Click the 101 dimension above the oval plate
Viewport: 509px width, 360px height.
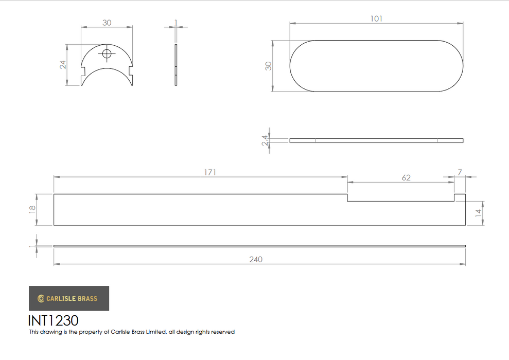point(376,19)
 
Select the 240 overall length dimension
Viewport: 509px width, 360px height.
point(256,259)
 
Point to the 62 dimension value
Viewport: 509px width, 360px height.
point(406,177)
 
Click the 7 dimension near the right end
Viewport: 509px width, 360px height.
point(460,172)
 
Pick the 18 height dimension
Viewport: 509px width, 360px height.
point(32,209)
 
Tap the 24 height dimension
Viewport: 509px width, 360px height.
point(63,65)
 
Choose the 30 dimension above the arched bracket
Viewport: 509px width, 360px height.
point(107,23)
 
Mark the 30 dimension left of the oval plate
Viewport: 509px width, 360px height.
point(268,66)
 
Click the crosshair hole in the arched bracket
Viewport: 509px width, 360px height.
point(107,54)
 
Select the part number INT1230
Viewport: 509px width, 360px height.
point(54,320)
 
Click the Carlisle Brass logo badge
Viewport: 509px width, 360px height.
point(69,298)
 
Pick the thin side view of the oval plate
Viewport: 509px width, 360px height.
point(376,140)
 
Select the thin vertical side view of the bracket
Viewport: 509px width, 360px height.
point(176,65)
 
